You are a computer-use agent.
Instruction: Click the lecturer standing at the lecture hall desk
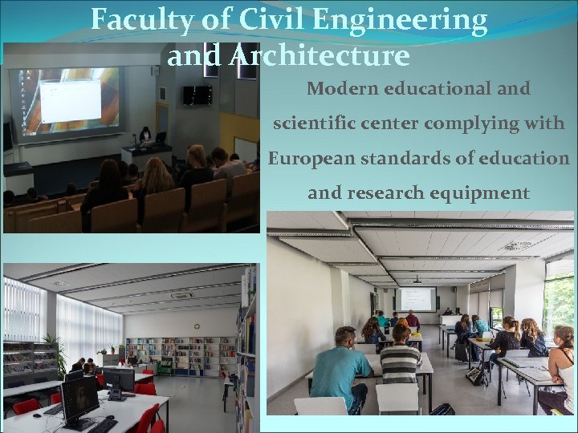tap(145, 136)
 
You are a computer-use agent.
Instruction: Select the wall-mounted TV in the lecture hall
tap(197, 95)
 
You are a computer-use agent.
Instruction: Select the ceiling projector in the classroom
tap(416, 280)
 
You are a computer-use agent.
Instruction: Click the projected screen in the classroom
tap(415, 299)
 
